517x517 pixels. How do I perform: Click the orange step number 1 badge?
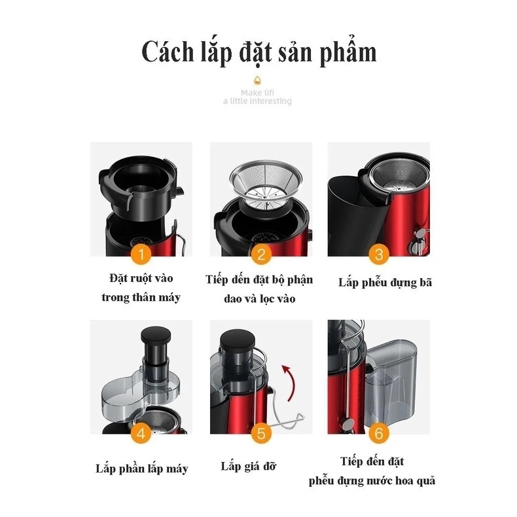[x=141, y=254]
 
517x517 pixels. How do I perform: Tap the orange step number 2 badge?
[x=261, y=254]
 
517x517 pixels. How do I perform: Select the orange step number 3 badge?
[x=379, y=254]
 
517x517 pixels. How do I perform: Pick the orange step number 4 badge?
[x=141, y=433]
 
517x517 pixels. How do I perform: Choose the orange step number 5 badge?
[x=261, y=433]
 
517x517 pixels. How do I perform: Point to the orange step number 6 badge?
[x=379, y=433]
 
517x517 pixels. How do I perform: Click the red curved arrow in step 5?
[x=291, y=382]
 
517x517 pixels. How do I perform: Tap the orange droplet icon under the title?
[x=257, y=80]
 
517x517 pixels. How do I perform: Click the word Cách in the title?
[x=168, y=52]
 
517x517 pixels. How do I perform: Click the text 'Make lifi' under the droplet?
[x=257, y=93]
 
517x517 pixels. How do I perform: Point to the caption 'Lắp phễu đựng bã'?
[x=385, y=283]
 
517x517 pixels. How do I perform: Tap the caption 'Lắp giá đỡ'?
[x=248, y=466]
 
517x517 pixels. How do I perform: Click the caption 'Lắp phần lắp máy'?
[x=142, y=469]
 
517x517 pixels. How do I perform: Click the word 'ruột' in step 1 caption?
[x=141, y=278]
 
